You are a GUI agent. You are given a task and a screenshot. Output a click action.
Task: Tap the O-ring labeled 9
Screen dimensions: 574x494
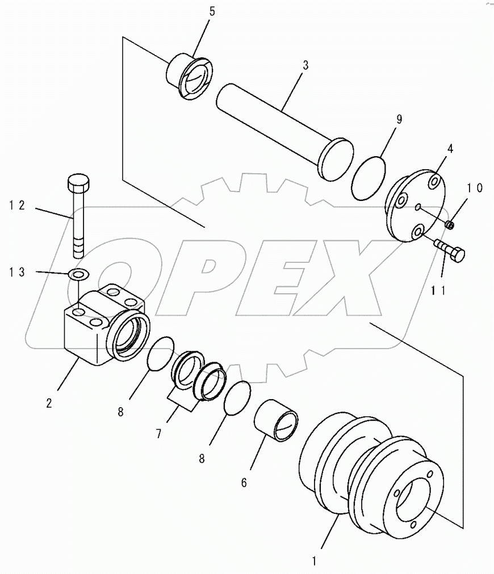(369, 178)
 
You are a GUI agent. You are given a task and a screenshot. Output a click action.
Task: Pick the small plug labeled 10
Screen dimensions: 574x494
(450, 226)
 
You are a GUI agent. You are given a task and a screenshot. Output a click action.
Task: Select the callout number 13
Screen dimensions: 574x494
(18, 273)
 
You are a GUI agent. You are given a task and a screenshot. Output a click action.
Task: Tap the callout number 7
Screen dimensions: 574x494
(159, 434)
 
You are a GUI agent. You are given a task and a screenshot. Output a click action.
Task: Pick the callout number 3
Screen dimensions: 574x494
(305, 65)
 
